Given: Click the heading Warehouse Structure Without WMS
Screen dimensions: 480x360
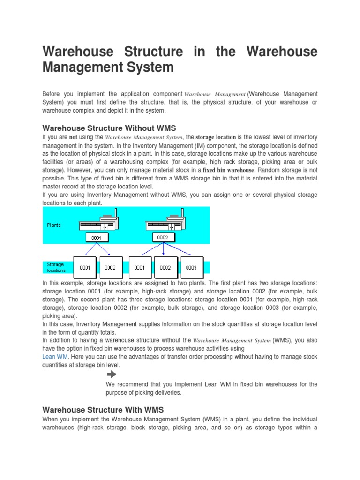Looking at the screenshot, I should (x=109, y=127).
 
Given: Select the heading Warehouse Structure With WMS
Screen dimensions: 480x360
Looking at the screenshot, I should (x=103, y=409).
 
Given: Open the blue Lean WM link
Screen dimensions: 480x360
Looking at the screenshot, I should (x=55, y=356).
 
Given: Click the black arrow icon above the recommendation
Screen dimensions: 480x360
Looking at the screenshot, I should (x=112, y=374).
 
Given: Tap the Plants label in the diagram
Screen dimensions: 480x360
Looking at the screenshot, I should (x=54, y=225).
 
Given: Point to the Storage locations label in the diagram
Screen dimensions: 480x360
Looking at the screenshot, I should (x=56, y=267).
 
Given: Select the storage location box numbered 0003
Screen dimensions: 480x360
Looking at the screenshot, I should (x=191, y=268).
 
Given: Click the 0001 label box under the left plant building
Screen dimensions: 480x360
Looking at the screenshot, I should (x=96, y=238).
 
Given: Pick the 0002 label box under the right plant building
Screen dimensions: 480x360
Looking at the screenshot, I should (x=163, y=237).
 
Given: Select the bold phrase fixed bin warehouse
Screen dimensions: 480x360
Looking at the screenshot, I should (x=228, y=170).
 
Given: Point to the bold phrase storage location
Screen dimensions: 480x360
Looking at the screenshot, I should (x=216, y=137).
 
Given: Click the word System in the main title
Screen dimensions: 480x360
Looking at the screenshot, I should (x=150, y=67).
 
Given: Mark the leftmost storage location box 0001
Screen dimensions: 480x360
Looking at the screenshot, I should (x=85, y=268).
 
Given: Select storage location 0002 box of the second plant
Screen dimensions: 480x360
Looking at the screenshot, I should (x=165, y=268).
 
